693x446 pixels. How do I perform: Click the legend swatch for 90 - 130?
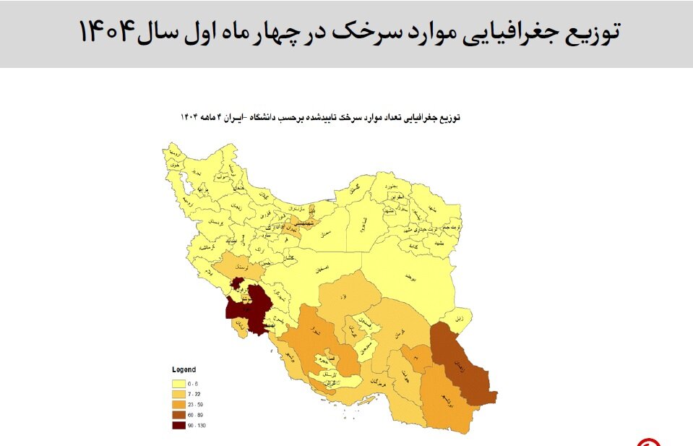point(178,426)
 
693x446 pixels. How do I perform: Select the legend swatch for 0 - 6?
point(178,383)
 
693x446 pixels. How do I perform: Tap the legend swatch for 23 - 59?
point(178,404)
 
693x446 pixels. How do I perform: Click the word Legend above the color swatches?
point(184,369)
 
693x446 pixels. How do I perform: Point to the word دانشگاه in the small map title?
point(265,116)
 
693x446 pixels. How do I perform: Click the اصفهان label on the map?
point(326,269)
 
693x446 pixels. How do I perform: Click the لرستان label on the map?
point(235,266)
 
